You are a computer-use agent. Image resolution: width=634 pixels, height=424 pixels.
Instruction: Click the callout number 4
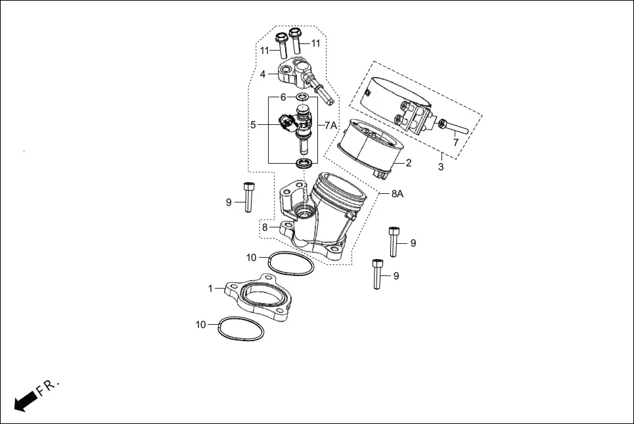pos(263,74)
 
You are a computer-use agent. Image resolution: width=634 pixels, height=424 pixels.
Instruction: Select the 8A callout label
pos(397,194)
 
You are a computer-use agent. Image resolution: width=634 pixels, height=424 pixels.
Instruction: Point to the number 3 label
pos(441,167)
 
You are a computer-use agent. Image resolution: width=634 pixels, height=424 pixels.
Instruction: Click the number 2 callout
pos(408,163)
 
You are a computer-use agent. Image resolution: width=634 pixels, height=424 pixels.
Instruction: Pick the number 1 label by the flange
pos(211,289)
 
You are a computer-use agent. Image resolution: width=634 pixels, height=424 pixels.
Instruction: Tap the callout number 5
pos(252,124)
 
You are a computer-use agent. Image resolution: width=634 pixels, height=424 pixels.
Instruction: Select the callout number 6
pos(283,97)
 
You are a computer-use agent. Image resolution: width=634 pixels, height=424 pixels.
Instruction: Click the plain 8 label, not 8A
pos(265,227)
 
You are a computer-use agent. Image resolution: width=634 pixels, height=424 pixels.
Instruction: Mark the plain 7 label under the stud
pos(456,142)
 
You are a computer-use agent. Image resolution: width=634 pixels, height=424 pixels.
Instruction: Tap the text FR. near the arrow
pos(49,387)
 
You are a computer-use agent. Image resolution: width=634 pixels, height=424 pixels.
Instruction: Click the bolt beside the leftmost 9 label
pos(248,197)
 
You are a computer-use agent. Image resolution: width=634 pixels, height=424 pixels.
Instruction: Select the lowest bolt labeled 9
pos(377,274)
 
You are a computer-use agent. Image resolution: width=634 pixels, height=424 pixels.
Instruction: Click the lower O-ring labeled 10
pos(240,329)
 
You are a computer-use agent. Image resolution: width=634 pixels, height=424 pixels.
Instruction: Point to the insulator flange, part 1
pos(260,301)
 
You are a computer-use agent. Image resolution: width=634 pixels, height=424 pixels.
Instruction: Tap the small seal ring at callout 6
pos(302,98)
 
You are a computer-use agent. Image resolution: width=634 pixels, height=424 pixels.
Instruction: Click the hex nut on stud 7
pos(443,123)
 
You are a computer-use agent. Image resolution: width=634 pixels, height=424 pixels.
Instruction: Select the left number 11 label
pos(264,51)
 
